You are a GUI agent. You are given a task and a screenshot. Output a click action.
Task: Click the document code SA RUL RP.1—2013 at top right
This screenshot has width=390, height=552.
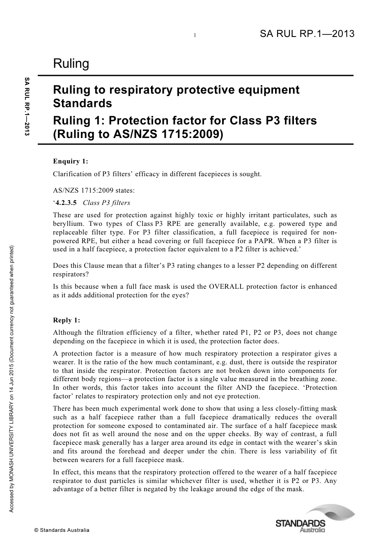pyautogui.click(x=307, y=34)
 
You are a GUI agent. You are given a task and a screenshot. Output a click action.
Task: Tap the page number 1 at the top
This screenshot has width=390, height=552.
pyautogui.click(x=195, y=36)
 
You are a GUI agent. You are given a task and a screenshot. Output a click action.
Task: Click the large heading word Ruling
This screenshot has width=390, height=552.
pyautogui.click(x=71, y=64)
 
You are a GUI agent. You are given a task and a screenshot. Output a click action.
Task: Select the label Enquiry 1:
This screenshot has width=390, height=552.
pyautogui.click(x=71, y=161)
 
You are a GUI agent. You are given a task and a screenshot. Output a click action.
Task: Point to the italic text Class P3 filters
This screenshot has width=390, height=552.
pyautogui.click(x=106, y=202)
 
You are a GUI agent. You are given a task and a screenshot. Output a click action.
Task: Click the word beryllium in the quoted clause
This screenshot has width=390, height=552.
pyautogui.click(x=67, y=224)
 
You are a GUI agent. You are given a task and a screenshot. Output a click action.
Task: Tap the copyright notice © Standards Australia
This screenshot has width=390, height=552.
pyautogui.click(x=62, y=530)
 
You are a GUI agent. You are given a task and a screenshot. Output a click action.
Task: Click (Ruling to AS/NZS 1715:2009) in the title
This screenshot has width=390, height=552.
pyautogui.click(x=138, y=134)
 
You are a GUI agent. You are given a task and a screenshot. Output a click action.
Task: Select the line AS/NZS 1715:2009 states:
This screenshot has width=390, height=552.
pyautogui.click(x=94, y=191)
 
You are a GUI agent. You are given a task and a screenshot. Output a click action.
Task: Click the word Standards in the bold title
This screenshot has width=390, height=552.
pyautogui.click(x=83, y=103)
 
